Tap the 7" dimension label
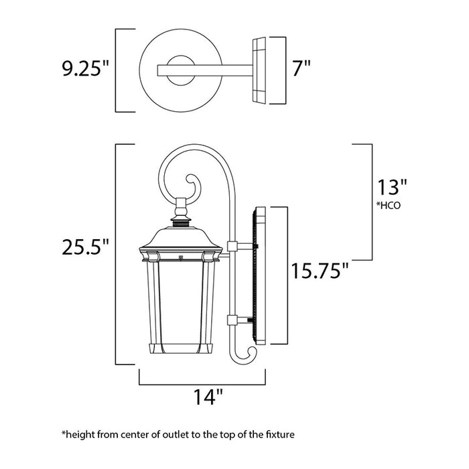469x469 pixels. pos(300,68)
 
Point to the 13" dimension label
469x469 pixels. pos(391,185)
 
